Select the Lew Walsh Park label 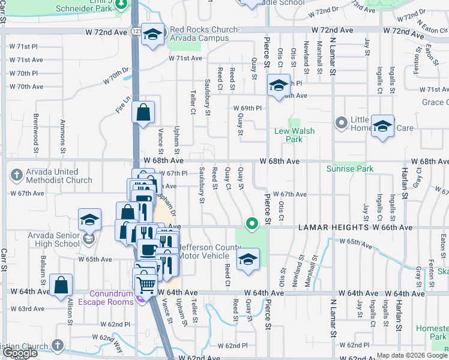point(294,135)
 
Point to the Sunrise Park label point(350,169)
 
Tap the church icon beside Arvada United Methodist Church point(16,176)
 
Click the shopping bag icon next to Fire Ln point(143,112)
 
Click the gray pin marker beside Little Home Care point(342,123)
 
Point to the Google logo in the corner point(19,353)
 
